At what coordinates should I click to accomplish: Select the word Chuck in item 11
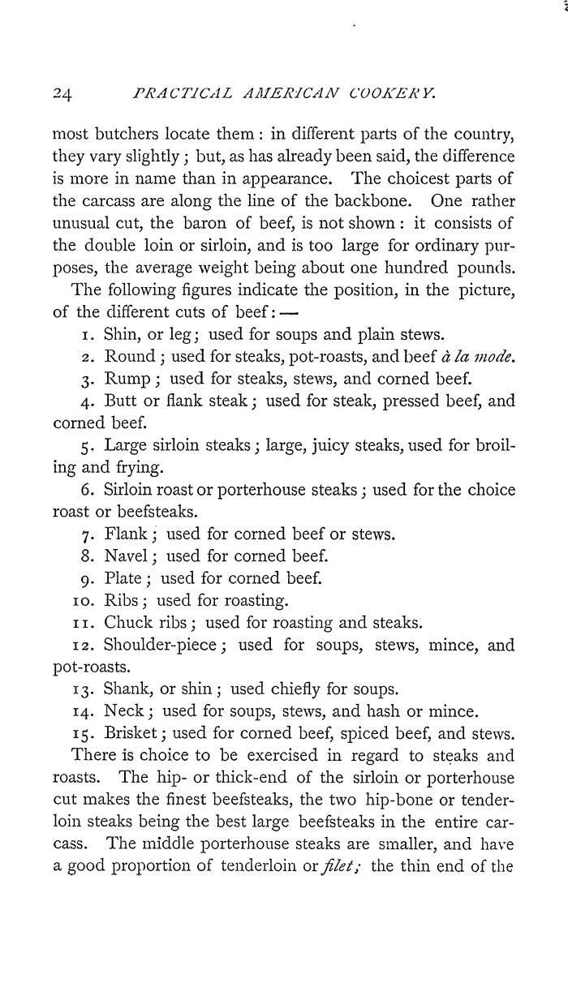130,623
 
